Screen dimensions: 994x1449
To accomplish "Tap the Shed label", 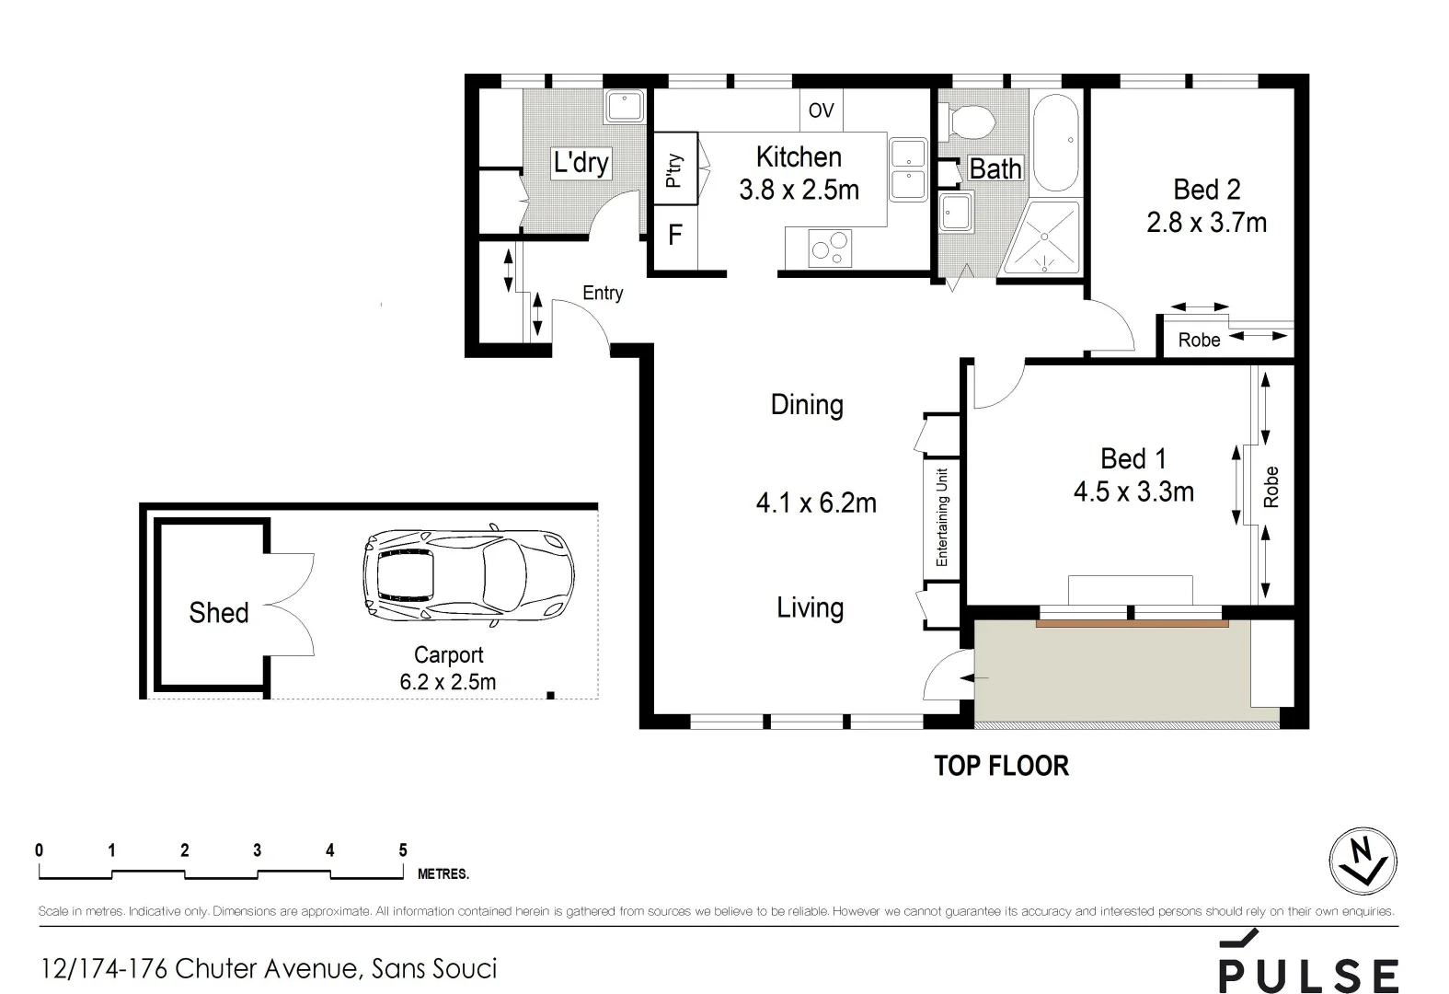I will tap(218, 613).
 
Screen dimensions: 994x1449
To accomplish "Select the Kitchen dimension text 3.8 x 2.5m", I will tap(799, 191).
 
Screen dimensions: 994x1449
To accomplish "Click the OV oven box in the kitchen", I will tap(821, 110).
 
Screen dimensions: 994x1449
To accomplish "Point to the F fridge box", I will tap(674, 236).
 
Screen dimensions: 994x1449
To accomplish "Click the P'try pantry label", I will tap(673, 170).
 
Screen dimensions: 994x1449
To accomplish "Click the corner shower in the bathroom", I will tap(1042, 237).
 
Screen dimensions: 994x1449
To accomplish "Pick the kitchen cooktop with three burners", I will tap(829, 248).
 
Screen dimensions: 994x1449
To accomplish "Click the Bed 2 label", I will tap(1206, 190).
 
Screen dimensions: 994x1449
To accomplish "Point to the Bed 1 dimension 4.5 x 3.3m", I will tap(1133, 492).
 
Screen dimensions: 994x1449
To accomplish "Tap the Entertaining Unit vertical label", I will tap(941, 518).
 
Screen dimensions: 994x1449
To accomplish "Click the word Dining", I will tap(806, 405).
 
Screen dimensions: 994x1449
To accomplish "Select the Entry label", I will tap(603, 293).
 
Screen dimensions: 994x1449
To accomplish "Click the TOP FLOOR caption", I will tap(1001, 766).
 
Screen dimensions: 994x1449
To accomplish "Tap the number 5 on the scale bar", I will tap(402, 850).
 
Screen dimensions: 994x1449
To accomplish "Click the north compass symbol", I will tap(1363, 862).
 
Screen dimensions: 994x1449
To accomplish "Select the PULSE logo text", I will tap(1307, 974).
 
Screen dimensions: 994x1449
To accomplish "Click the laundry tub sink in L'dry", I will tap(627, 107).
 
